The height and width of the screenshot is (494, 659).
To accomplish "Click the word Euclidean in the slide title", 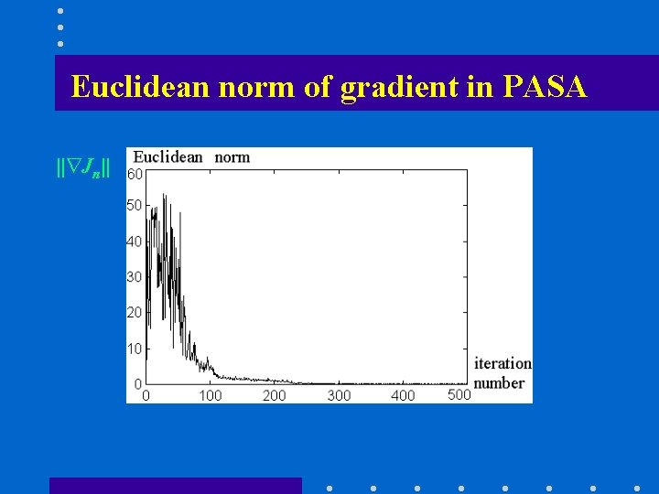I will [140, 87].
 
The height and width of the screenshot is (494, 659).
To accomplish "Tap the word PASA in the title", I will [545, 87].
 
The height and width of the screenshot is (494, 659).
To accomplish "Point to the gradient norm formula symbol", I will [83, 167].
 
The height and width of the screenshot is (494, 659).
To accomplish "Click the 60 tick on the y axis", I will [135, 174].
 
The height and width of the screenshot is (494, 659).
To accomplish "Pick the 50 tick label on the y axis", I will [135, 206].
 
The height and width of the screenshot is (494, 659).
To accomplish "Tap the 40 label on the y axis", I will [135, 242].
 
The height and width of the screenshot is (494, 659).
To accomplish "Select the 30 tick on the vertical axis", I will [135, 277].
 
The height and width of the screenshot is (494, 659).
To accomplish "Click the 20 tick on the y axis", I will [135, 313].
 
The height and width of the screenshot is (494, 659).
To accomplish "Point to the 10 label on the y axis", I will [135, 349].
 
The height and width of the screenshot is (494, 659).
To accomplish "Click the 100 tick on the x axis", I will [211, 395].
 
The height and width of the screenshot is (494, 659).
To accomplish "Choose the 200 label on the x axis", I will [275, 395].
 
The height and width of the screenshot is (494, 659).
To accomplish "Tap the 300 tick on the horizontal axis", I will [339, 395].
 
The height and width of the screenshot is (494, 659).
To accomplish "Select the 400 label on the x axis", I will [403, 395].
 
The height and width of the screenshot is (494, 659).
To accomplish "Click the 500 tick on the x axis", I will [459, 394].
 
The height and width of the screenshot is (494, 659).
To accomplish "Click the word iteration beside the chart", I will [502, 364].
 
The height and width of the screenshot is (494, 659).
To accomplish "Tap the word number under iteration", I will [499, 382].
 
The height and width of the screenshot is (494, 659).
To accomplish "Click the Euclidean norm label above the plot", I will [191, 157].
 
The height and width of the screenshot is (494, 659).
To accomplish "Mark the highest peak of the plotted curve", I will [164, 194].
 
